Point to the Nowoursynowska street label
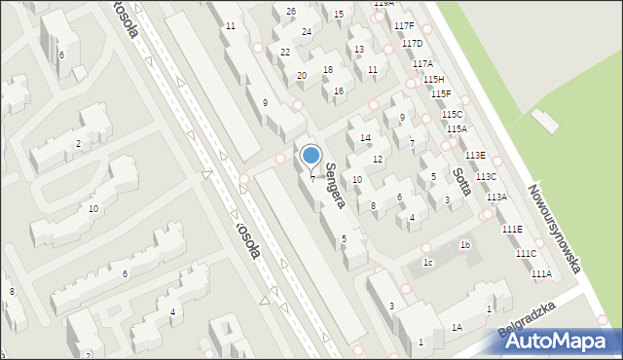[554, 230]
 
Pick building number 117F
[404, 25]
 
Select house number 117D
[412, 44]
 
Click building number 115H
[433, 79]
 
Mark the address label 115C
[452, 114]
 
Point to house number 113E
[475, 156]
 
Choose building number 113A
[496, 197]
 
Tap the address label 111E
[512, 229]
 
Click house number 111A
[541, 274]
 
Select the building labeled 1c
[427, 263]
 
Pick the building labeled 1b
[465, 245]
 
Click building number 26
[291, 11]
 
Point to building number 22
[285, 52]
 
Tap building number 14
[365, 138]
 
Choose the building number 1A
[457, 328]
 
